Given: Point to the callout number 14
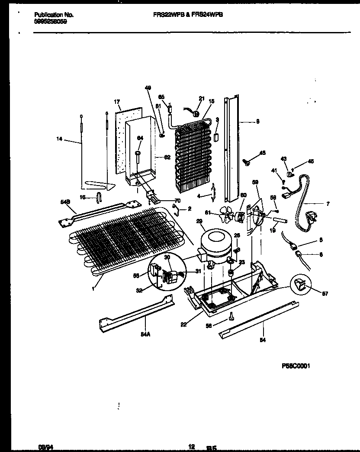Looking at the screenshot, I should (59, 139).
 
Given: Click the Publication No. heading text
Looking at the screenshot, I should (54, 15).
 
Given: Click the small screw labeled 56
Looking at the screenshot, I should (232, 317).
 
